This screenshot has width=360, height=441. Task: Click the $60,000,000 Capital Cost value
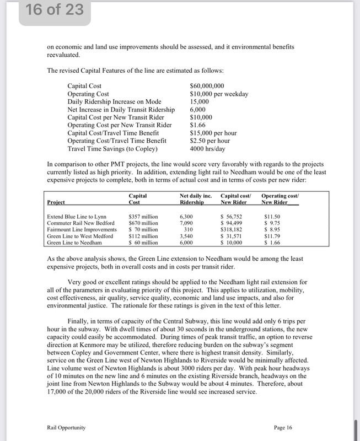click(x=207, y=86)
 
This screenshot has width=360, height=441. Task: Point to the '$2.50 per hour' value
click(x=210, y=141)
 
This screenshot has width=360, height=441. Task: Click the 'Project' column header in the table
click(x=56, y=203)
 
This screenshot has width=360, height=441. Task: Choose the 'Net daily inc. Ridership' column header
click(x=196, y=199)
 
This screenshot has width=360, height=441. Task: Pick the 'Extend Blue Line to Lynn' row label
click(x=77, y=217)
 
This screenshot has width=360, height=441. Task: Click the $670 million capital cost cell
click(x=143, y=223)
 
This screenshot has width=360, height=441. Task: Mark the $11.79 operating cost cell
click(x=273, y=235)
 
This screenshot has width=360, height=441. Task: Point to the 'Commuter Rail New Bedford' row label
click(x=81, y=223)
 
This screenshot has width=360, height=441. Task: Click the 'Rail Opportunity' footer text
click(x=66, y=427)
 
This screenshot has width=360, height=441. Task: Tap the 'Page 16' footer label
click(x=283, y=427)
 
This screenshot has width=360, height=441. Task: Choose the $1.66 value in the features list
click(x=198, y=125)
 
